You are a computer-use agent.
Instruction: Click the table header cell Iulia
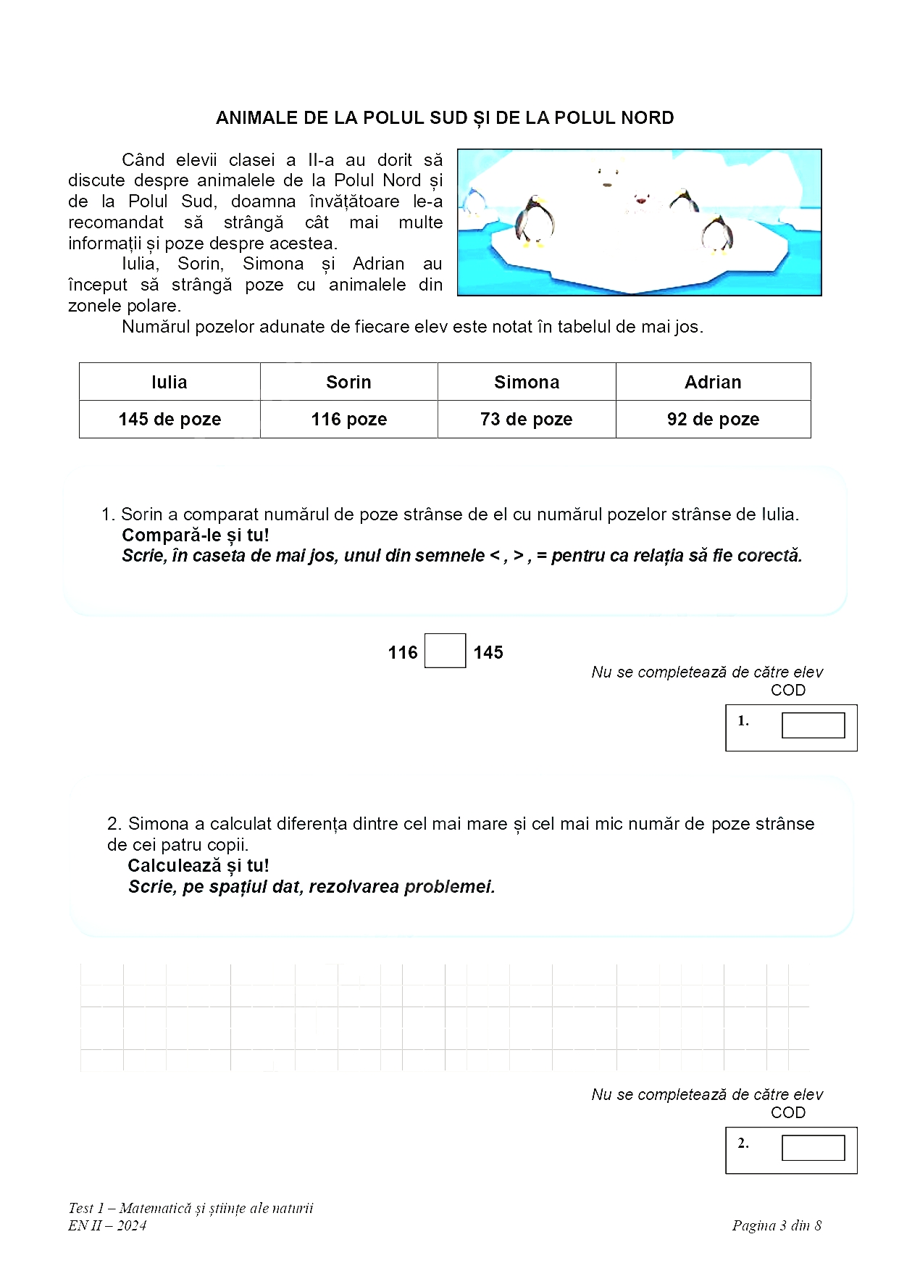170,382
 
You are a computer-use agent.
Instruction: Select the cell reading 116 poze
348,419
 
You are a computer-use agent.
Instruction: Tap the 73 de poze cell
526,419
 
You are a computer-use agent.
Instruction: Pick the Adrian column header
713,382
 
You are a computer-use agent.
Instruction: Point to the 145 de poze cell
170,419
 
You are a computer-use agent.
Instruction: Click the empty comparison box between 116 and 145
445,651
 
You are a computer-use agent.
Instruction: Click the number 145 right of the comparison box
488,652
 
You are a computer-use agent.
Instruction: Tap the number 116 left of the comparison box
403,652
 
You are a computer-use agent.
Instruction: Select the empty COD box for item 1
813,725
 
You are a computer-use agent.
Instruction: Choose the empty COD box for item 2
813,1148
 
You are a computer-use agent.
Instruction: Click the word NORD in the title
645,118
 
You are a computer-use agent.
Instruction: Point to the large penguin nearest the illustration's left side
536,221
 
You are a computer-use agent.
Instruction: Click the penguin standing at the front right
717,234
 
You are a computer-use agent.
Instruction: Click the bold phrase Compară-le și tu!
196,536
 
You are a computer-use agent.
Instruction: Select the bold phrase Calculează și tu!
198,865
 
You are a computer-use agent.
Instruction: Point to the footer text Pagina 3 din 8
777,1225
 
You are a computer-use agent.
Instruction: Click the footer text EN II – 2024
107,1225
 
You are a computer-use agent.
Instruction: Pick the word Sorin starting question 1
142,514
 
